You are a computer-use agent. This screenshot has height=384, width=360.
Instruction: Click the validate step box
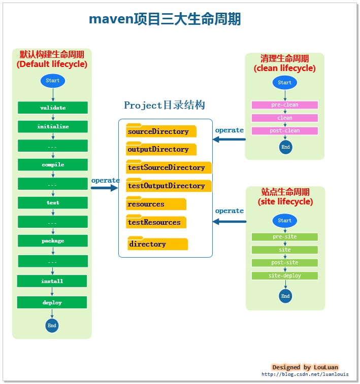tap(53, 108)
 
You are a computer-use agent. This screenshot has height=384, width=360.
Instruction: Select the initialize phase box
tap(53, 126)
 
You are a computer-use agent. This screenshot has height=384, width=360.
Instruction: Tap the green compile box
tap(53, 165)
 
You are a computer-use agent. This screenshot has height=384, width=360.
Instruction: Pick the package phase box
tap(53, 241)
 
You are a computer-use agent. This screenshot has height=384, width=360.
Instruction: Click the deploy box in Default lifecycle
tap(52, 302)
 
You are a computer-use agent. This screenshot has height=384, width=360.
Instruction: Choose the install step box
tap(52, 281)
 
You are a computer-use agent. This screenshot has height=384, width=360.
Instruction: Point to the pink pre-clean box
tap(285, 105)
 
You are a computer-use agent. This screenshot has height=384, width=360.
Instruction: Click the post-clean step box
tap(285, 131)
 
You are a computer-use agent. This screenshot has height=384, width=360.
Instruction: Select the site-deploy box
tap(285, 276)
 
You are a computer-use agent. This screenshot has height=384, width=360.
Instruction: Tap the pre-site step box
tap(285, 237)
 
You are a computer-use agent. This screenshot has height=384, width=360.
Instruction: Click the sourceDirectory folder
tap(161, 131)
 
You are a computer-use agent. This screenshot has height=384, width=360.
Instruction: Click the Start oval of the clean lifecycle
tap(285, 83)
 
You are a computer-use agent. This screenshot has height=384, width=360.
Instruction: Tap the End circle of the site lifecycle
tap(285, 296)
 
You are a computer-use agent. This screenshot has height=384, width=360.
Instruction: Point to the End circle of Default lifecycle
tap(52, 325)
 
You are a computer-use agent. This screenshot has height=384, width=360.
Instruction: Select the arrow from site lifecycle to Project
tap(229, 221)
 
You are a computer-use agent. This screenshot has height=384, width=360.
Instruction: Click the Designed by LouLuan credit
tap(305, 367)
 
